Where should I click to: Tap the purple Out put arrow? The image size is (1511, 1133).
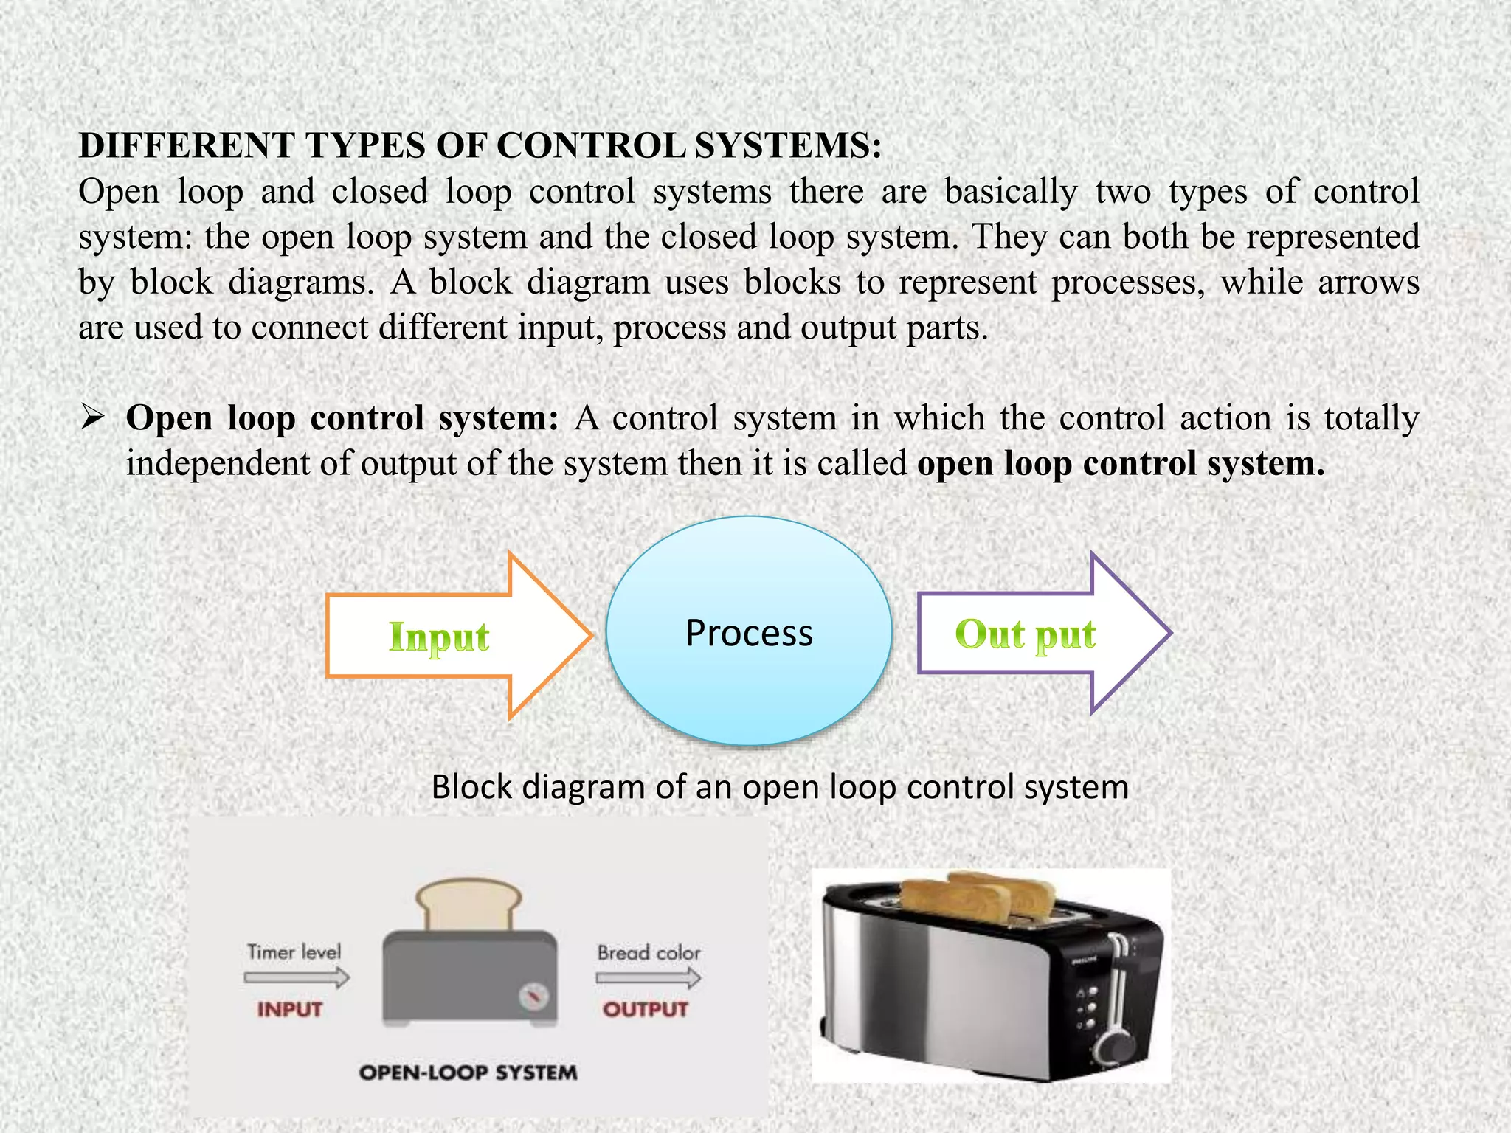[1033, 634]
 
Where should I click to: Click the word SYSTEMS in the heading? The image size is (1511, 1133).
[788, 145]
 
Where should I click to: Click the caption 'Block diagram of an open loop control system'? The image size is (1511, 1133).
[780, 787]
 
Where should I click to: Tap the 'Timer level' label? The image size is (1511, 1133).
[294, 952]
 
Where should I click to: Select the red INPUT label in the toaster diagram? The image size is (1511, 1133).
[290, 1009]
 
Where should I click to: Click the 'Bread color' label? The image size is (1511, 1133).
[649, 953]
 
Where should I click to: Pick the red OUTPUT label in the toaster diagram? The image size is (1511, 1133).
[646, 1009]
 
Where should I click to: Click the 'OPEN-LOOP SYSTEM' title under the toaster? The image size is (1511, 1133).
[468, 1073]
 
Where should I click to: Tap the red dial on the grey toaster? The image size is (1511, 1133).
[533, 997]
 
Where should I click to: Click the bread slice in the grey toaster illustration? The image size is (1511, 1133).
[468, 904]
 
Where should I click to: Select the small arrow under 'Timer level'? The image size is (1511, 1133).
[297, 979]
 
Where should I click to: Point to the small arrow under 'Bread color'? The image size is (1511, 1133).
[649, 979]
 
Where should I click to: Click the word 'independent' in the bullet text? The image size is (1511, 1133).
[218, 464]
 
